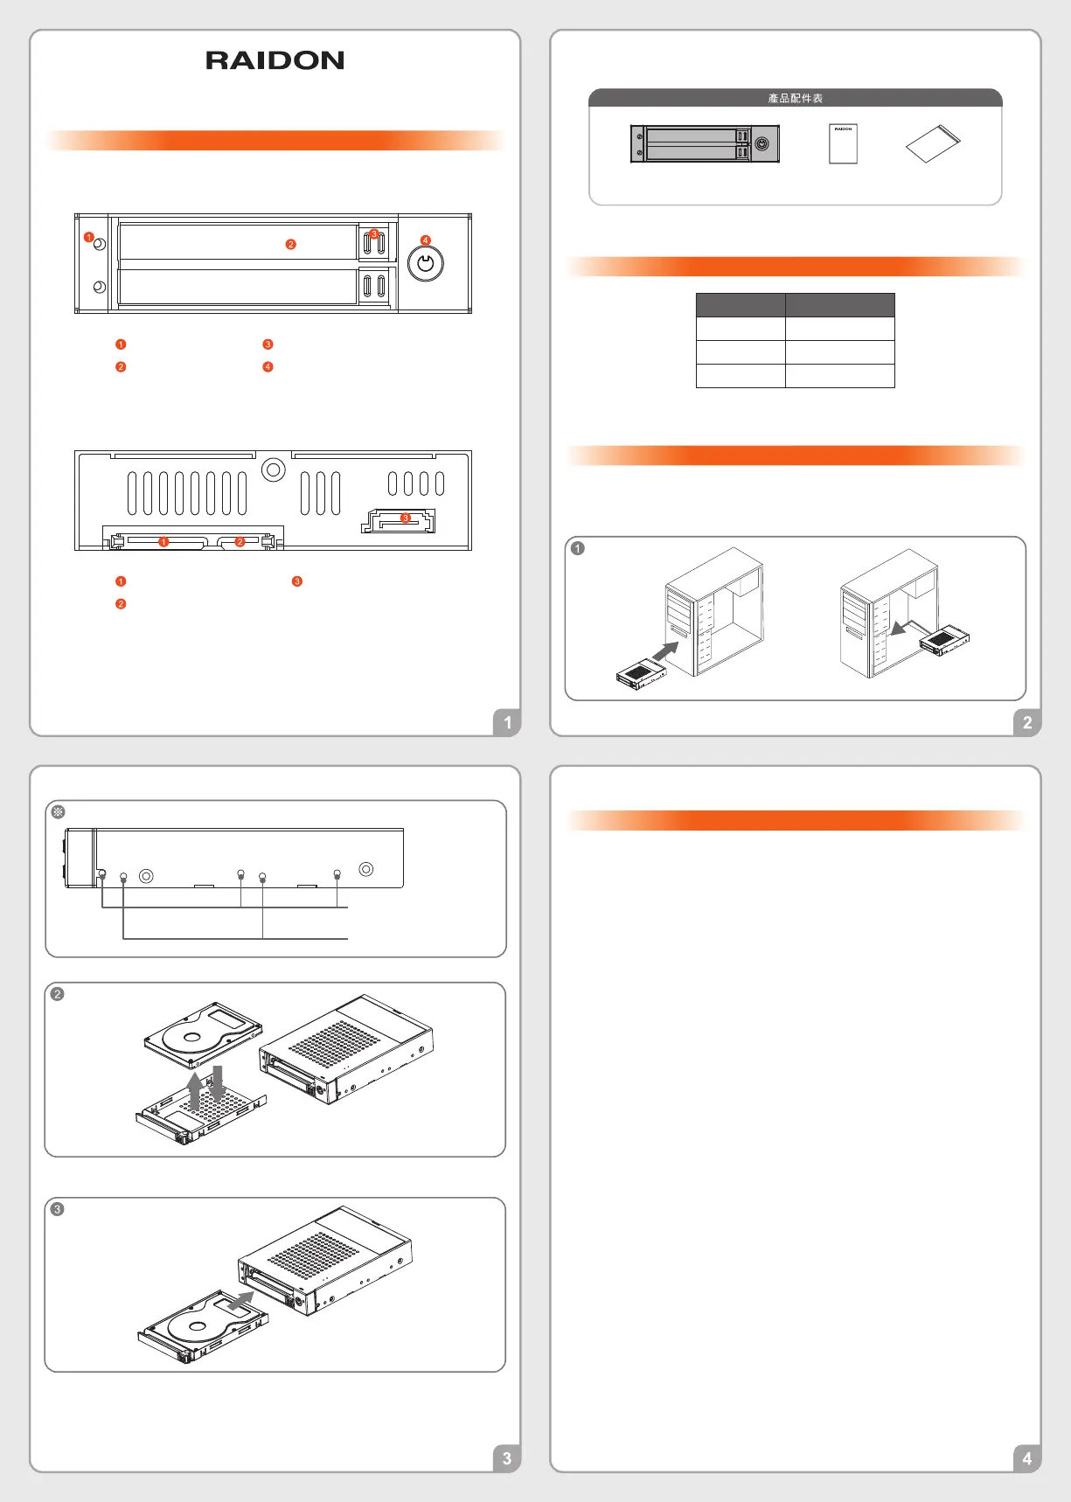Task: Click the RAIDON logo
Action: (x=275, y=60)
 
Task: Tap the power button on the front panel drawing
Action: (x=426, y=263)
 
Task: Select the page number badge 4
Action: (x=1027, y=1457)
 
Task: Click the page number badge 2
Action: (x=1027, y=722)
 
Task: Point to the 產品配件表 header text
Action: (x=796, y=98)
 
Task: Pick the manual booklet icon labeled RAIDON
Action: (x=843, y=143)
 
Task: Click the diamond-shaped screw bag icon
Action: (x=933, y=143)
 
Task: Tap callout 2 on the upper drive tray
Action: (x=291, y=244)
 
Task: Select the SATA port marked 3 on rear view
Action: (x=399, y=521)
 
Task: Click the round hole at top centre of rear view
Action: (x=274, y=470)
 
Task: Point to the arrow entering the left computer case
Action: (x=665, y=651)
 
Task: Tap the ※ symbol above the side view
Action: (x=59, y=812)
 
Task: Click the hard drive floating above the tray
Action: (x=204, y=1035)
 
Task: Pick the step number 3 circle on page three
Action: (x=58, y=1209)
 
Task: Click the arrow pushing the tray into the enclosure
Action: (x=240, y=1301)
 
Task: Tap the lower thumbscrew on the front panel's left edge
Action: (x=100, y=287)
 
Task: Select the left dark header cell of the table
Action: (x=741, y=304)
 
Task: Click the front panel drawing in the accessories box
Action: (x=705, y=143)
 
